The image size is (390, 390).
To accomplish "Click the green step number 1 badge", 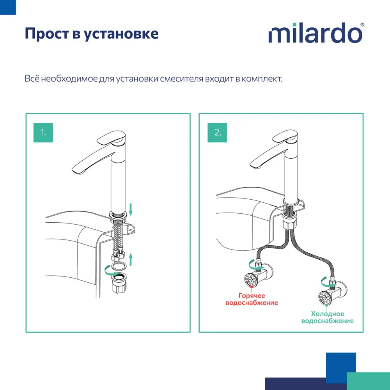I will click(43, 133).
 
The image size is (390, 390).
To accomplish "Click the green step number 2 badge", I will click(217, 133).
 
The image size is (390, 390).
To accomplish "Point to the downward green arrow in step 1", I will click(131, 209).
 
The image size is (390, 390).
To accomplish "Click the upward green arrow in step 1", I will click(131, 259).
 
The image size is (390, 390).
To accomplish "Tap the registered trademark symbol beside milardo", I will click(362, 25).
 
